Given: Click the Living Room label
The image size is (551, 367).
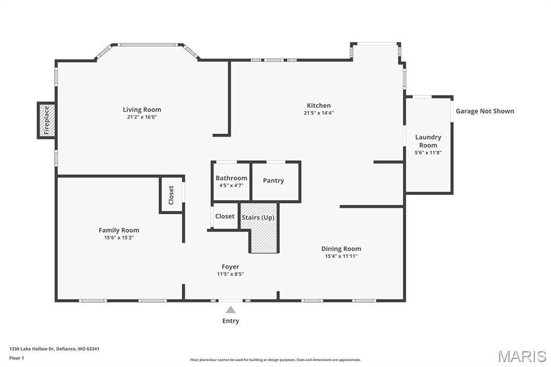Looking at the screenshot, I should (142, 110).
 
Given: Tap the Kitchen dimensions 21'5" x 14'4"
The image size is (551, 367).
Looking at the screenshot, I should (319, 113).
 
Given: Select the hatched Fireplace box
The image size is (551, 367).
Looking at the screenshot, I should (46, 120).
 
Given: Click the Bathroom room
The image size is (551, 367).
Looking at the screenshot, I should (231, 181).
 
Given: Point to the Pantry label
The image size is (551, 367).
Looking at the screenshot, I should (273, 181).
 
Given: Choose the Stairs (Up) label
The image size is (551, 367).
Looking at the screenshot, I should (258, 217).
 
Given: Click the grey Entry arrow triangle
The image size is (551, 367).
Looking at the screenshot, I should (230, 309).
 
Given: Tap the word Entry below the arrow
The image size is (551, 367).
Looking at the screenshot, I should (230, 321).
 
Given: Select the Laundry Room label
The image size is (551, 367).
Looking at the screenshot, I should (428, 141).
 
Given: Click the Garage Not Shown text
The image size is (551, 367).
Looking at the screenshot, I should (485, 111).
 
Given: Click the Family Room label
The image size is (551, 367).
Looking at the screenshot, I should (119, 230).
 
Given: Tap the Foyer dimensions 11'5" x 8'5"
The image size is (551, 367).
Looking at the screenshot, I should (230, 274).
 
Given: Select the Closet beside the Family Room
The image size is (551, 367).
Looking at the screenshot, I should (172, 195).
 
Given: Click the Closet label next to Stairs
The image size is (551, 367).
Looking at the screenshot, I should (225, 216).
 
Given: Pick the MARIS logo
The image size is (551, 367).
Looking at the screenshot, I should (521, 356).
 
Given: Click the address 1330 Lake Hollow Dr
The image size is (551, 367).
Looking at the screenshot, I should (54, 349).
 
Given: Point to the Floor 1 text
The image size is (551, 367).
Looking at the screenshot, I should (17, 358).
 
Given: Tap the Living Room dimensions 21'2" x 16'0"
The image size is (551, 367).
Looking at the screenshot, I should (142, 117).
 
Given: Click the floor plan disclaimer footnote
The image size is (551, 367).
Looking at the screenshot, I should (275, 360).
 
